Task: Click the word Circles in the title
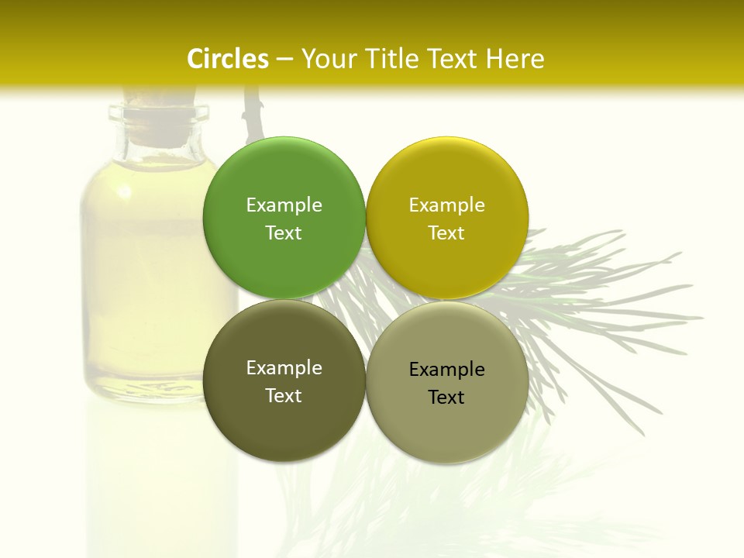227,59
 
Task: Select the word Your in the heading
331,59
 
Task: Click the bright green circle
284,170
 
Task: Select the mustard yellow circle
447,170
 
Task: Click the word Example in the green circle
284,205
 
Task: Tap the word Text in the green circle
284,232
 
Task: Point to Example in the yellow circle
446,205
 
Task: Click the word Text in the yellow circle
446,232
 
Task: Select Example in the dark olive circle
284,367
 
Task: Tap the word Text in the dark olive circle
284,395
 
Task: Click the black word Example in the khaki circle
446,369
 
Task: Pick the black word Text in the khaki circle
446,397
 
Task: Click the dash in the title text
284,60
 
